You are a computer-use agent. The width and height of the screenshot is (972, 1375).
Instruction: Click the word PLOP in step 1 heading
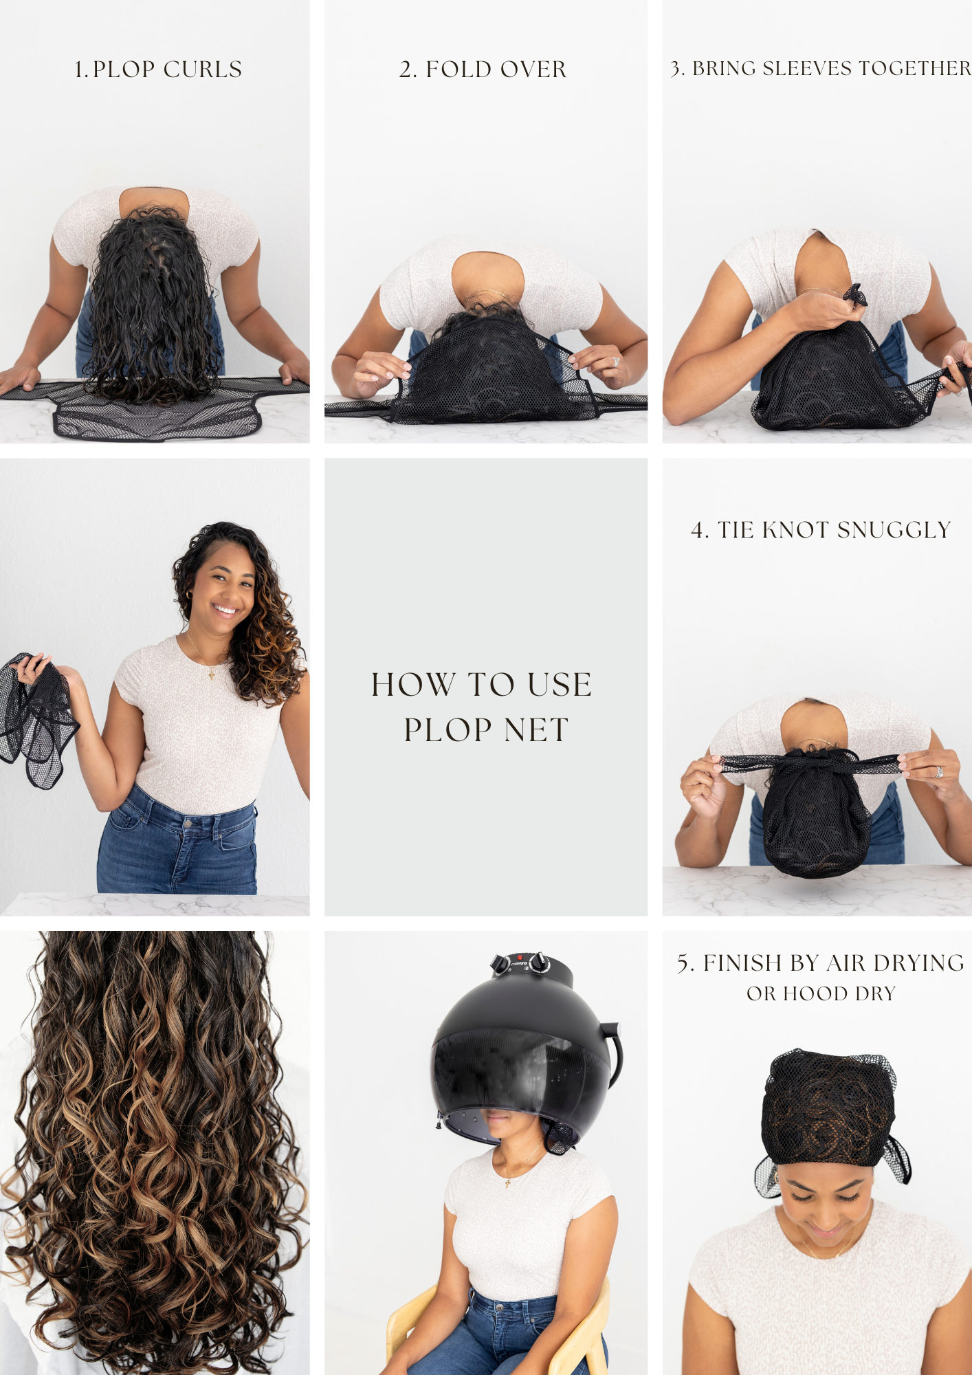pyautogui.click(x=124, y=69)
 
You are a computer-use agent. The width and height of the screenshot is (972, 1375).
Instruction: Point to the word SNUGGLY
pyautogui.click(x=894, y=530)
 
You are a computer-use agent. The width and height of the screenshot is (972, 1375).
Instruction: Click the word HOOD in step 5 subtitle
pyautogui.click(x=815, y=994)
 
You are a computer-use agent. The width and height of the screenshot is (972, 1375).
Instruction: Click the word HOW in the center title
pyautogui.click(x=413, y=685)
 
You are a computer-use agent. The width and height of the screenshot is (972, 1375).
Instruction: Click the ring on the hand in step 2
pyautogui.click(x=616, y=362)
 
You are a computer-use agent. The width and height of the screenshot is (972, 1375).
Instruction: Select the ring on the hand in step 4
pyautogui.click(x=938, y=771)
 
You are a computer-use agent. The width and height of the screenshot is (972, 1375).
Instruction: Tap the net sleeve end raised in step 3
pyautogui.click(x=856, y=294)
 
